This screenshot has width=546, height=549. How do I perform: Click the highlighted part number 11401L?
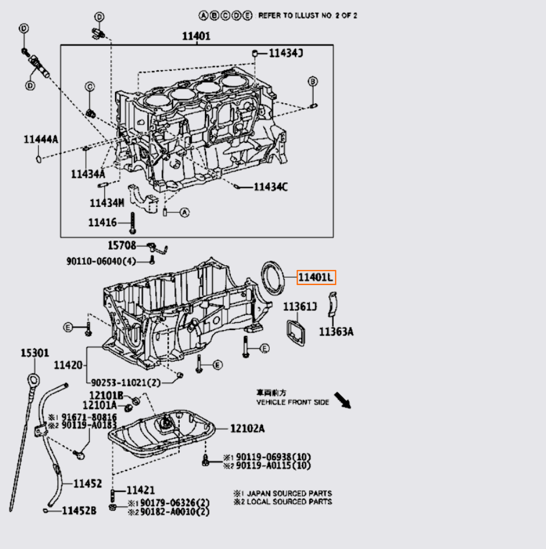point(316,278)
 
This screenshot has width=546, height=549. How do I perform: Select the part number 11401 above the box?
point(196,37)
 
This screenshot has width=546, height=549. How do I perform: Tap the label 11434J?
point(285,53)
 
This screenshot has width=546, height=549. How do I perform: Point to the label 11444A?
point(40,139)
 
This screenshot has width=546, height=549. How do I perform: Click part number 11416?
point(103,222)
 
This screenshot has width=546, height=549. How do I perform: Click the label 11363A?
point(336,332)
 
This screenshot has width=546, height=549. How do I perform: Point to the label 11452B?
point(79,511)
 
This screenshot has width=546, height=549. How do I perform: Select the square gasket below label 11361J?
point(297,332)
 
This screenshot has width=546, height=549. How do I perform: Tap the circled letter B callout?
point(312,81)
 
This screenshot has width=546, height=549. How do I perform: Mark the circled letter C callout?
point(89,86)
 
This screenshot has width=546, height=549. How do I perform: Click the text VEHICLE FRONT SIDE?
point(293,402)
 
